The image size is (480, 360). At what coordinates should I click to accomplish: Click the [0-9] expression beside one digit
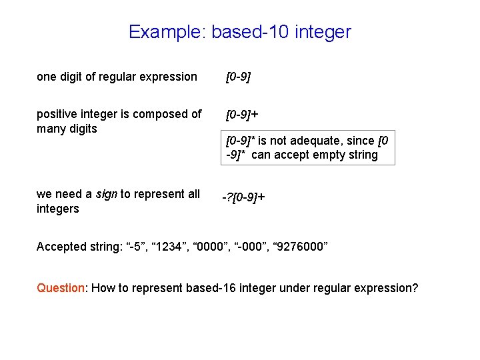tap(238, 77)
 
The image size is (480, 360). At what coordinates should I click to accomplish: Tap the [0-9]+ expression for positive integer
tap(242, 115)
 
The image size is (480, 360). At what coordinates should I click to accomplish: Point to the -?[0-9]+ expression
tap(243, 197)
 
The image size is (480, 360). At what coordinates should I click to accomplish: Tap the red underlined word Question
tap(61, 288)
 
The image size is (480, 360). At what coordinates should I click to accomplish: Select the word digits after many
tap(83, 129)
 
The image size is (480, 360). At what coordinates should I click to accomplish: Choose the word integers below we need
tap(58, 209)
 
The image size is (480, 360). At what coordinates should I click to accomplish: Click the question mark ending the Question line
tap(415, 288)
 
